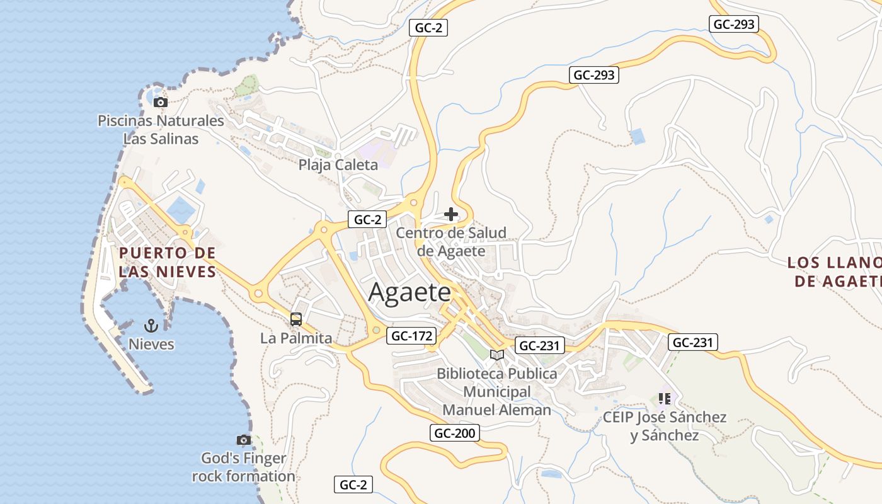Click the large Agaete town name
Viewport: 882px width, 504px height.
click(x=409, y=292)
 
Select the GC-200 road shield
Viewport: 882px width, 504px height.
click(x=455, y=433)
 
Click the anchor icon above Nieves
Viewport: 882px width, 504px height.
click(x=151, y=325)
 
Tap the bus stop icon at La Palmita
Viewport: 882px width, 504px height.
click(x=296, y=319)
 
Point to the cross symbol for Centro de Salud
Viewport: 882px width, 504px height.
click(x=451, y=214)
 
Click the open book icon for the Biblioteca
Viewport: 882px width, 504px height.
click(x=497, y=355)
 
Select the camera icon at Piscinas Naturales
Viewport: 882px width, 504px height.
click(x=161, y=102)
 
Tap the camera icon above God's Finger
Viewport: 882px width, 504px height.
click(x=244, y=440)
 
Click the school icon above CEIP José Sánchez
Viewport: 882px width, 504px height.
click(x=664, y=398)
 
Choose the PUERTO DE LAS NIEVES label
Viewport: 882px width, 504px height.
click(x=167, y=262)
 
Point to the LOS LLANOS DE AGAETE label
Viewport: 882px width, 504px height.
click(x=834, y=272)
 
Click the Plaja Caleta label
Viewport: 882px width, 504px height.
click(x=338, y=165)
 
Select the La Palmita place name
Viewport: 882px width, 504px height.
click(x=296, y=338)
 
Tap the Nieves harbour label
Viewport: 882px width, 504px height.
click(x=151, y=345)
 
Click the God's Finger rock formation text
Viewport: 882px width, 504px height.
click(x=244, y=467)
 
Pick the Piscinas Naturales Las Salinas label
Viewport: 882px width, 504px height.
click(x=161, y=130)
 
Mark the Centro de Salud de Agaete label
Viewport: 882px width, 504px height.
click(x=451, y=242)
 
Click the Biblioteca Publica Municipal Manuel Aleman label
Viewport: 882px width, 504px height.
click(x=497, y=392)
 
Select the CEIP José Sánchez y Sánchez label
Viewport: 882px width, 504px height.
click(x=665, y=427)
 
